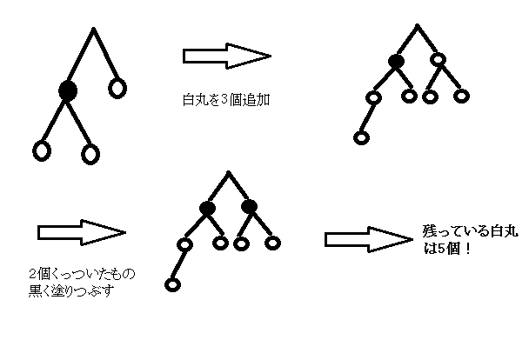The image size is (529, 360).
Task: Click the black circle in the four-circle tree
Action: point(68,90)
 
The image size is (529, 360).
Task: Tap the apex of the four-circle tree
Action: point(94,30)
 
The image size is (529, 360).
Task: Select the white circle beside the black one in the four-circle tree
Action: point(117,87)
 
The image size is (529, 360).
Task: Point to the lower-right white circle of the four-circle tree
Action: point(90,154)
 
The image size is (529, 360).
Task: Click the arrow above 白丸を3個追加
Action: point(225,57)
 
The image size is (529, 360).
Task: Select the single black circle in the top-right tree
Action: point(397,61)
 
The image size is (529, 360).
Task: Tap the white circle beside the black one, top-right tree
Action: point(438,60)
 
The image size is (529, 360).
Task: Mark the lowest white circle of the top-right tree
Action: point(360,137)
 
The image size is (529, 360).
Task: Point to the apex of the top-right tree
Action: point(417,26)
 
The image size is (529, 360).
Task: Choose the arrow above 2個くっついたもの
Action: point(82,233)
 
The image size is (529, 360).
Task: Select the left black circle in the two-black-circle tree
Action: point(207,207)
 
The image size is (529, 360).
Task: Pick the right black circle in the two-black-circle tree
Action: point(249,207)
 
